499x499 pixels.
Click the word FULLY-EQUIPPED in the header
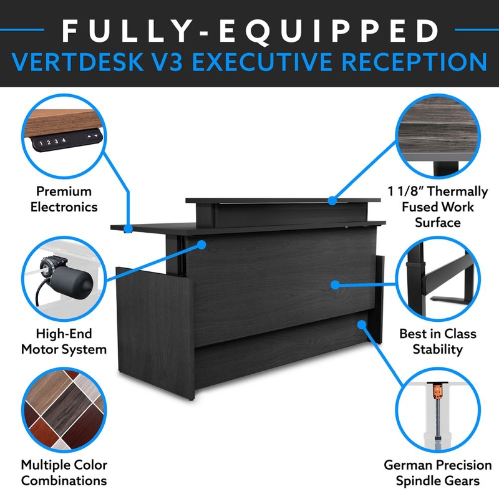coord(251,31)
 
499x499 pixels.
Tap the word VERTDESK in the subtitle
coord(77,62)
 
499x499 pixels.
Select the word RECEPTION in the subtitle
coord(415,62)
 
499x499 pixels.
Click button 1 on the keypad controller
coord(41,143)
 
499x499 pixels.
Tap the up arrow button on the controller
coord(89,137)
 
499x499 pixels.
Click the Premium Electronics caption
coord(64,199)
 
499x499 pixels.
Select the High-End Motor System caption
coord(64,341)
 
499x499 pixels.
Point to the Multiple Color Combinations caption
coord(64,473)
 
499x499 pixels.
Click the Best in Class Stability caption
coord(438,341)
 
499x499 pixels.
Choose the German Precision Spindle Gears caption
coord(438,473)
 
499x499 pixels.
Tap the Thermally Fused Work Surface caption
coord(438,207)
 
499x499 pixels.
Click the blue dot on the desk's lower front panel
coord(362,324)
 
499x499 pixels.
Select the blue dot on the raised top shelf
coord(332,200)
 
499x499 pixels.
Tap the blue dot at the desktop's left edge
coord(128,228)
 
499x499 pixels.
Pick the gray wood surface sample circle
coord(438,136)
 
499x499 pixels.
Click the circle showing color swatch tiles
coord(64,410)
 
